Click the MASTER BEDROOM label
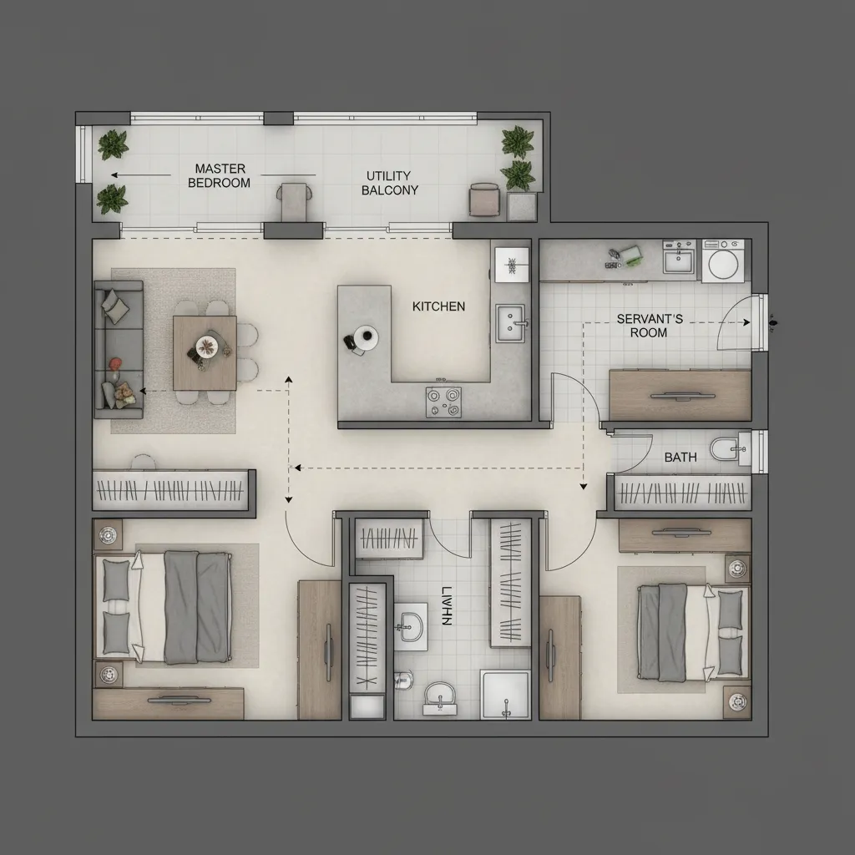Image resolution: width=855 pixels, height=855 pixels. coord(220,175)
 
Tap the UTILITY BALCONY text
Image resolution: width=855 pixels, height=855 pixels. coord(389,183)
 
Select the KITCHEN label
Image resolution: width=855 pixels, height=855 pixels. coord(438,306)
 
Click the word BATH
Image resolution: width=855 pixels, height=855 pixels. coord(680,458)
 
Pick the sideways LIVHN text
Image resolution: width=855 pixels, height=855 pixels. coord(445,605)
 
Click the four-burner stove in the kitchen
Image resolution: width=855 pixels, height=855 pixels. coord(444,401)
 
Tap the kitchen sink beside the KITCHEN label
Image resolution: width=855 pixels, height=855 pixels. coord(511,322)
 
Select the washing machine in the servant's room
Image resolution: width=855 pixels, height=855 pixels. coord(721,261)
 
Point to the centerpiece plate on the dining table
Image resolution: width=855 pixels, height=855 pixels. coord(205,344)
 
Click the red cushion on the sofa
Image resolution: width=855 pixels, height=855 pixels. coord(115,363)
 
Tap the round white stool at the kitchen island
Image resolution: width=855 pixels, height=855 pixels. coord(366,336)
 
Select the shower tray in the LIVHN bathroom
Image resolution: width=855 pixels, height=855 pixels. coord(504,694)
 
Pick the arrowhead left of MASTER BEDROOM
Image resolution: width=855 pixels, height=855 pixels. coord(114,175)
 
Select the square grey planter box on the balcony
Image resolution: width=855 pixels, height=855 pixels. coord(521,206)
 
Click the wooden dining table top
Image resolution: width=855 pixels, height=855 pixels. coord(205,353)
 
